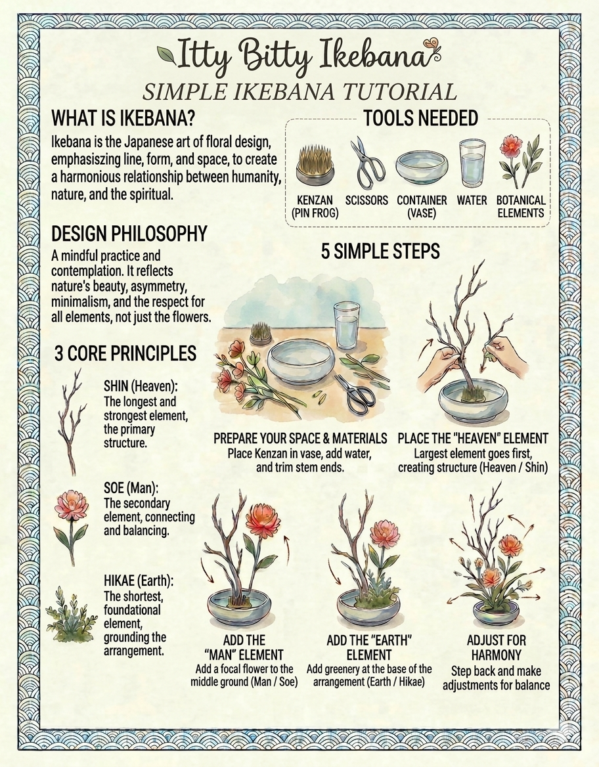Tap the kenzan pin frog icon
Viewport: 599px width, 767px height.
314,164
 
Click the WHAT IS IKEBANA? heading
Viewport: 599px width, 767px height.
125,119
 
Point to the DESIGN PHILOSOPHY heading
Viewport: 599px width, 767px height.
129,234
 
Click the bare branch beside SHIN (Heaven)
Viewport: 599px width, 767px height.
70,420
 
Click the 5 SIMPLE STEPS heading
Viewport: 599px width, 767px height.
380,251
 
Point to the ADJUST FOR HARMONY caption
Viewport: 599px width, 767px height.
496,647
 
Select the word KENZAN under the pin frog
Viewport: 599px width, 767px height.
314,200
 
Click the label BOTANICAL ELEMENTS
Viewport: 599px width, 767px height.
520,206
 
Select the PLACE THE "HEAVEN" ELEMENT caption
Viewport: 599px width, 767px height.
473,438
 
